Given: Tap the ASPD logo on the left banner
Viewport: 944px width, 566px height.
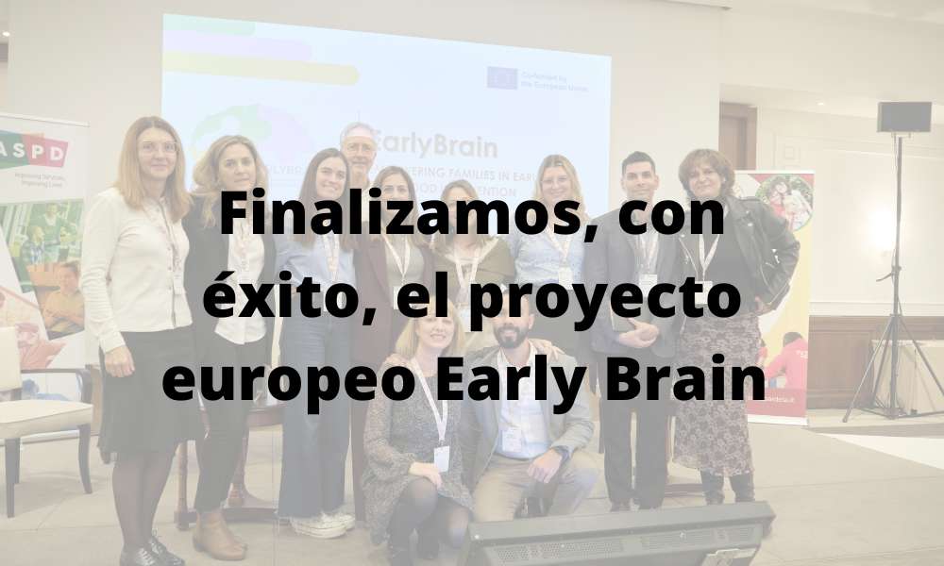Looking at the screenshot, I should (34, 151).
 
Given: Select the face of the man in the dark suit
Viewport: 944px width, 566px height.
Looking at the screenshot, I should (638, 179).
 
